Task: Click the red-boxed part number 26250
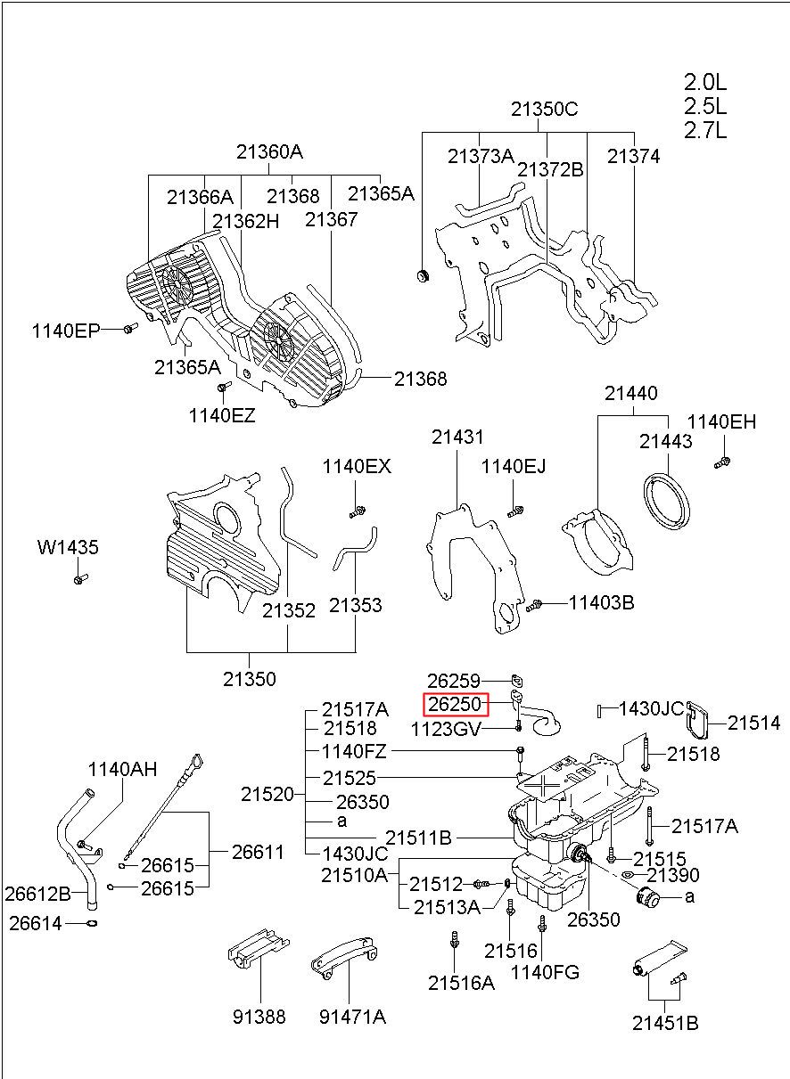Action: [455, 704]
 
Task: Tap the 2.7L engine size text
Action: [705, 130]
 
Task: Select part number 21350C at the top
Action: [544, 110]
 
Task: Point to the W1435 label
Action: [68, 547]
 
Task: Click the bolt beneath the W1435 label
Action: [81, 578]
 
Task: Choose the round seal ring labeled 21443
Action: [667, 501]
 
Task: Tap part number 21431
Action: [457, 437]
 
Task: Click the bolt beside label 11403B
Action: [534, 605]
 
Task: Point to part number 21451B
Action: [665, 1023]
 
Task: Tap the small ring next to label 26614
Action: [93, 922]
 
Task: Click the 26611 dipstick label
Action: [258, 852]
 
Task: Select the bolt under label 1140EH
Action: [722, 462]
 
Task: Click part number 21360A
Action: [269, 152]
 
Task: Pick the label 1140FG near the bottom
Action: [545, 973]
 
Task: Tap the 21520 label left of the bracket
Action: [267, 794]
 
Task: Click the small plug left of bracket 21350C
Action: [423, 276]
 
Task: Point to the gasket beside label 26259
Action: [517, 681]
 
